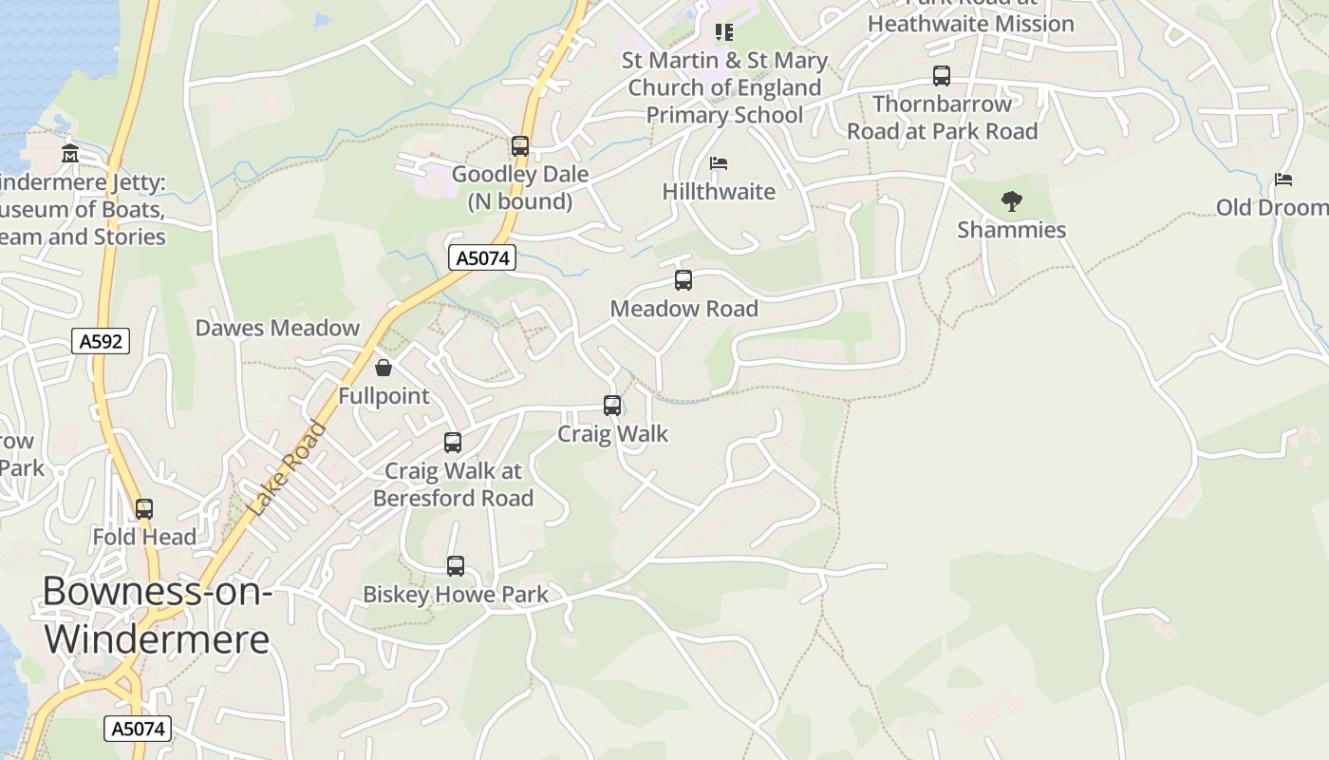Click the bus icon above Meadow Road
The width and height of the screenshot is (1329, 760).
point(683,280)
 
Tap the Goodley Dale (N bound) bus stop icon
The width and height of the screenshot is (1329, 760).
point(519,146)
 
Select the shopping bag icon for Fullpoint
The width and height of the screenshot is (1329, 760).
point(384,368)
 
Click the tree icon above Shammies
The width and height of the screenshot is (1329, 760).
point(1011,201)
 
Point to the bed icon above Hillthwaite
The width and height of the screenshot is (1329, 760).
point(719,163)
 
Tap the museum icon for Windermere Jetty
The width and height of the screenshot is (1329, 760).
point(70,153)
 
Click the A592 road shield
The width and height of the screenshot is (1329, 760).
point(101,341)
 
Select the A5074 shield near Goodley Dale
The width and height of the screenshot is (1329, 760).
point(482,257)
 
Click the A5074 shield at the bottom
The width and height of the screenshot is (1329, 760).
point(138,729)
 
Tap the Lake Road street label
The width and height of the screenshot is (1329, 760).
point(287,469)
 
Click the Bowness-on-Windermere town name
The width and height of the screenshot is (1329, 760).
point(157,615)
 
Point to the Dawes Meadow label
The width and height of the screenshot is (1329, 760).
point(277,328)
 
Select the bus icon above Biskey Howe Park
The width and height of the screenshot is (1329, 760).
point(456,566)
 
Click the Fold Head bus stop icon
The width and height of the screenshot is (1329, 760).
point(144,509)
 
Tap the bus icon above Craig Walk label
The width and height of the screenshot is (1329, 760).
point(612,406)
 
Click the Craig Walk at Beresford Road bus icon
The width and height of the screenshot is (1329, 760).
point(453,443)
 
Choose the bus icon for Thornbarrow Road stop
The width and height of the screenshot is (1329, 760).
point(941,76)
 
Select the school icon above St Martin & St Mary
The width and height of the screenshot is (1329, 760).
point(724,32)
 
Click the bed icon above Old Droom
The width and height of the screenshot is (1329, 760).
point(1283,179)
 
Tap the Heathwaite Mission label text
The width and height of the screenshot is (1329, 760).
point(970,24)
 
